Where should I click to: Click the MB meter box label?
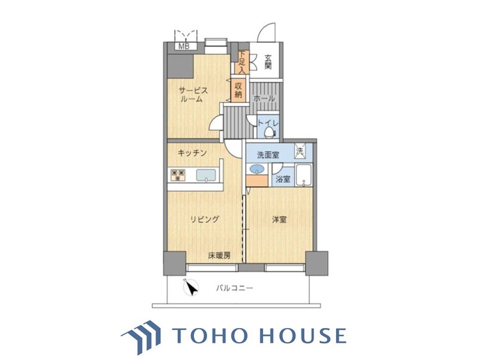pyautogui.click(x=184, y=46)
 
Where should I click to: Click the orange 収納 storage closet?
pyautogui.click(x=238, y=90)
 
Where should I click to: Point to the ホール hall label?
pyautogui.click(x=264, y=99)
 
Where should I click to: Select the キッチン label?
pyautogui.click(x=191, y=153)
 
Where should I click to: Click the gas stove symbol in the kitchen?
pyautogui.click(x=177, y=175)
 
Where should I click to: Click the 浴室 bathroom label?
pyautogui.click(x=283, y=179)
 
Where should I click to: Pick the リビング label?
pyautogui.click(x=204, y=220)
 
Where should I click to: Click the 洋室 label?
pyautogui.click(x=278, y=220)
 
